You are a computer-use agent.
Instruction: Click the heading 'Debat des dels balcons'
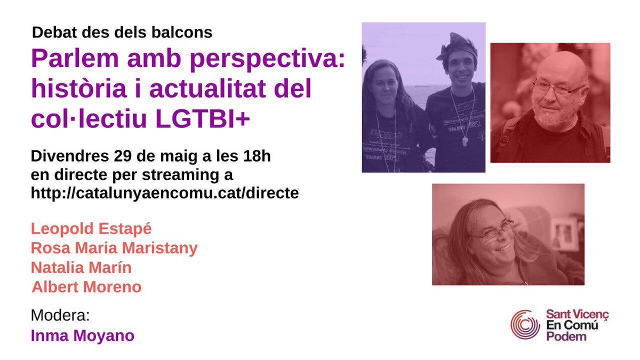(x=122, y=33)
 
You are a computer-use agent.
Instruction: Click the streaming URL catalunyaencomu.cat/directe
(x=165, y=194)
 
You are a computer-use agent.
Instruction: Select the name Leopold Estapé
(x=91, y=229)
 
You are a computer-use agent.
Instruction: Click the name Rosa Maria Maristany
(x=114, y=248)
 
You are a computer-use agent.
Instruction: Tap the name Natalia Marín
(x=81, y=267)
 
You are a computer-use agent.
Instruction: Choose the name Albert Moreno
(x=87, y=287)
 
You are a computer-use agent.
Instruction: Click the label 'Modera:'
(x=60, y=315)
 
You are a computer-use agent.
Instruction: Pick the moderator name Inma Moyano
(x=83, y=335)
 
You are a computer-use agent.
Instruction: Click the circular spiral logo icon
(x=525, y=324)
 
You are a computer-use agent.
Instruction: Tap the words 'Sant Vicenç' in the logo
(x=577, y=315)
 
